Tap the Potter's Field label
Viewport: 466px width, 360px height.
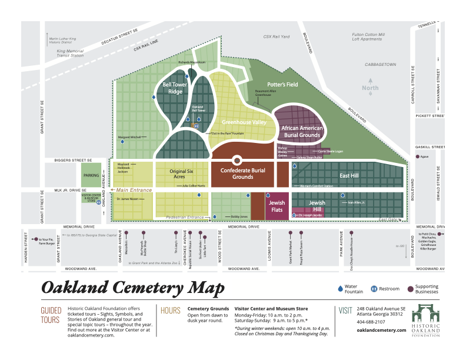[x=282, y=85]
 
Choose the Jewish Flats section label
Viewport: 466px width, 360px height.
[x=277, y=206]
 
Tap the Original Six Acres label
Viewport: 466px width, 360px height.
[x=182, y=174]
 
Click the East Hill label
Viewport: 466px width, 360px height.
[x=349, y=175]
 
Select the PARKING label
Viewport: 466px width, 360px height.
[x=91, y=175]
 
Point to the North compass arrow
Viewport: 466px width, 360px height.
[x=370, y=82]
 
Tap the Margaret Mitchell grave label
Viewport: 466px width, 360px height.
[x=132, y=137]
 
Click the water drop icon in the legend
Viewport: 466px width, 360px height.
[x=339, y=288]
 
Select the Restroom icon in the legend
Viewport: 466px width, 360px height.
[x=374, y=288]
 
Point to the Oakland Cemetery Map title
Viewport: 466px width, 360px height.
[x=132, y=288]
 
